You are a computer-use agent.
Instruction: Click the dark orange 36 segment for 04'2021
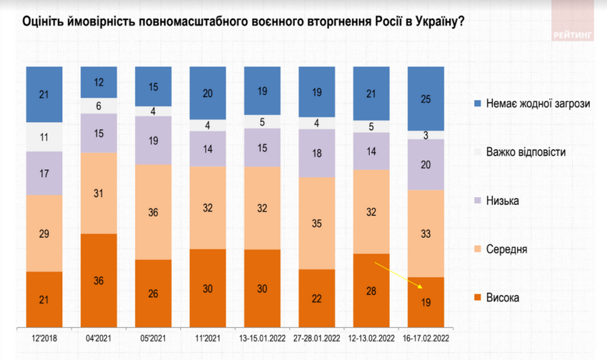[x=99, y=280]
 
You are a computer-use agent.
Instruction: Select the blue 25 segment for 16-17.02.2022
[x=425, y=99]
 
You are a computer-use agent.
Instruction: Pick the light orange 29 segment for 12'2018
[x=44, y=234]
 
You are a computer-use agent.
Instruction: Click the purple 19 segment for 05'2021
[x=153, y=141]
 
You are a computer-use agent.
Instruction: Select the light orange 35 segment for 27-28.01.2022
[x=316, y=223]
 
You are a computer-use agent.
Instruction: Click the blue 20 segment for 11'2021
[x=208, y=93]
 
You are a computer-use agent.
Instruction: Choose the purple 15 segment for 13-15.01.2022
[x=262, y=148]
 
